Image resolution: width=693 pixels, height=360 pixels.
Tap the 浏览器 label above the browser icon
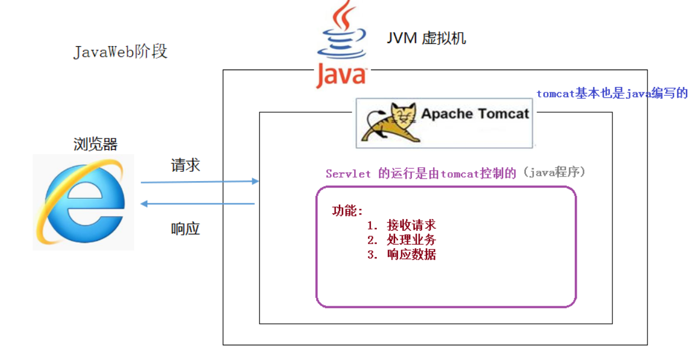pos(96,144)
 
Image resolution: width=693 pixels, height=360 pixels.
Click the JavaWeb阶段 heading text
pos(120,51)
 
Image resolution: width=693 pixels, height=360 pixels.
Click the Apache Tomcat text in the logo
pos(474,113)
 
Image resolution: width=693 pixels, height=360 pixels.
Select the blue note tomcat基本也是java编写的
pos(612,94)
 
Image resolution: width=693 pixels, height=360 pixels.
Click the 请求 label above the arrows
pos(185,165)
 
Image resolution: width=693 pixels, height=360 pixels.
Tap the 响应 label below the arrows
pos(185,229)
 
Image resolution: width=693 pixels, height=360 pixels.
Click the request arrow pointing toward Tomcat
pos(199,182)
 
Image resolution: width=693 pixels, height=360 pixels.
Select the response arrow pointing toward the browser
pos(199,204)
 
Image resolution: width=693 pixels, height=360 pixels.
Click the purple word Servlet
pos(348,174)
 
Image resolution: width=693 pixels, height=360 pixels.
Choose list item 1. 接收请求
pos(401,226)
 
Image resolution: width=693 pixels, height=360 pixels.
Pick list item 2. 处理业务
pos(401,240)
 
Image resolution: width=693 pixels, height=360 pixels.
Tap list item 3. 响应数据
pos(401,255)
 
